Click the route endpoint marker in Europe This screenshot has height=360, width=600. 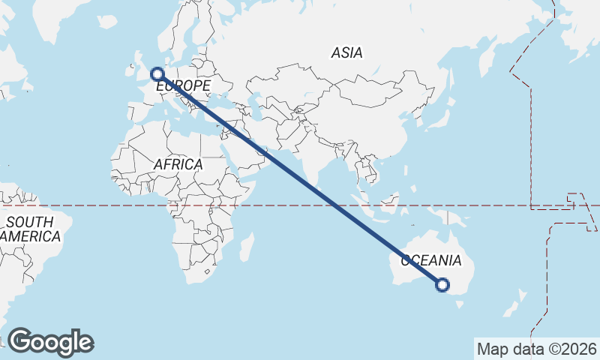coord(157,73)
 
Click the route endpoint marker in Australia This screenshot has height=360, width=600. coord(442,285)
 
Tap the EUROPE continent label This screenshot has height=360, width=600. coord(183,87)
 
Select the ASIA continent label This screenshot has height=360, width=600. coord(346,52)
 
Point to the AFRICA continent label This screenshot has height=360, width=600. coord(178,164)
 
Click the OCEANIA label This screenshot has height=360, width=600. coord(431,260)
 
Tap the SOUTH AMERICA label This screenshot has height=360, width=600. coord(30,229)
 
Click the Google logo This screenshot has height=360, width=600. coord(51,342)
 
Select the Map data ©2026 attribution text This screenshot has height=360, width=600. coord(537,349)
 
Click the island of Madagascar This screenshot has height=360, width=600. coord(247,247)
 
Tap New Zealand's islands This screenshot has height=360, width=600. coord(517,304)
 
